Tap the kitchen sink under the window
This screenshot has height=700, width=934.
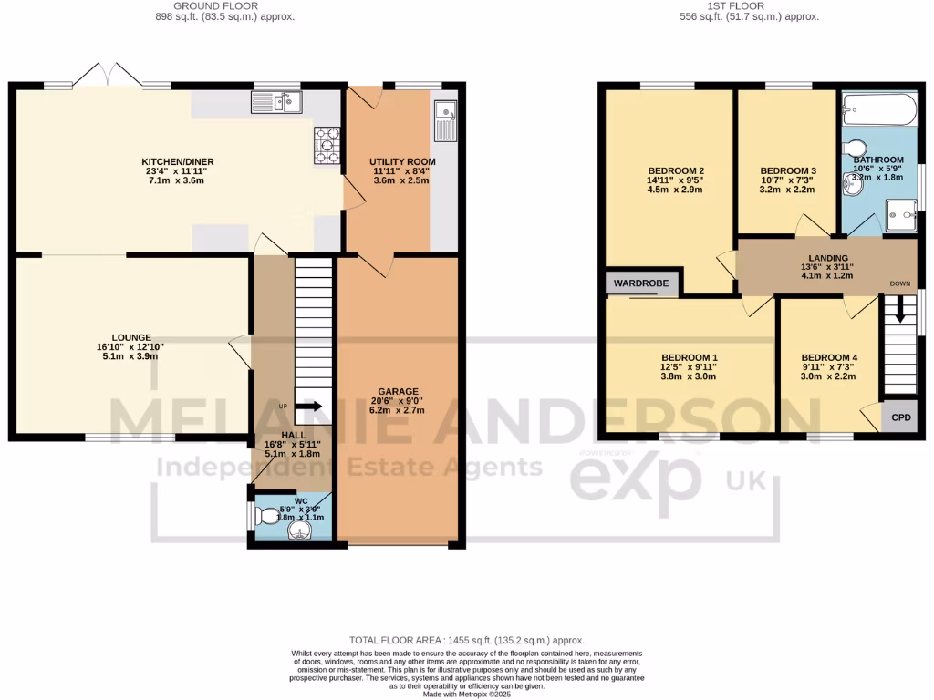point(276,103)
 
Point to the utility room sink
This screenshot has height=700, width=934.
point(447,119)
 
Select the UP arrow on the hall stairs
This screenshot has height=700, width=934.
point(308,407)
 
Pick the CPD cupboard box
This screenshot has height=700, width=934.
point(900,417)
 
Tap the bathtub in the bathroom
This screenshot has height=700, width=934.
point(877,110)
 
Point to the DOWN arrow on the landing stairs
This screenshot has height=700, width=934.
point(900,311)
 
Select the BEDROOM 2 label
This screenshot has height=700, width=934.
point(676,170)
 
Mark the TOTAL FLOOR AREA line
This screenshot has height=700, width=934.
point(467,641)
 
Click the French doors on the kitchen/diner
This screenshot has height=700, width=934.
point(109,76)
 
